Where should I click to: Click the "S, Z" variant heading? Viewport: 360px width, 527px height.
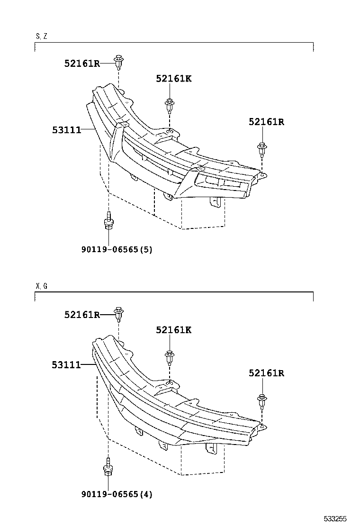[x=41, y=36]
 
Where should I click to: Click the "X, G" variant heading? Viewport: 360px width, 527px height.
[x=41, y=286]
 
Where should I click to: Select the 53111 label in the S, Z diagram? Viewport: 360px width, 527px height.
[x=66, y=129]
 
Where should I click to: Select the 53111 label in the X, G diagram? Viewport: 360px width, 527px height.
[x=66, y=364]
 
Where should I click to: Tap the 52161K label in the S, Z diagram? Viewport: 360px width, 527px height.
[x=173, y=79]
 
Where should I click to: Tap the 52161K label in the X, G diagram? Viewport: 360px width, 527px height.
[x=173, y=330]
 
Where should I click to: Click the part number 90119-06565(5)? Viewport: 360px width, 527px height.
[x=116, y=249]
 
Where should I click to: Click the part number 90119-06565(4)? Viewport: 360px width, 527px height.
[x=116, y=494]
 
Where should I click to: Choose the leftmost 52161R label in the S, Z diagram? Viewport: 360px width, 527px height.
[x=82, y=63]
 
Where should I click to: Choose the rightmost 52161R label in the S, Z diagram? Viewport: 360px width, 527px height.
[x=266, y=122]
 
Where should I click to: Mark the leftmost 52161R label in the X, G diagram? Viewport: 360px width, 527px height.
[x=82, y=314]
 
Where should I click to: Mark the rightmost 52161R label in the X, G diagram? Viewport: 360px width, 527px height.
[x=266, y=373]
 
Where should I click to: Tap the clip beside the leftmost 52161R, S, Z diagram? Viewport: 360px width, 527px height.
[x=118, y=61]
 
